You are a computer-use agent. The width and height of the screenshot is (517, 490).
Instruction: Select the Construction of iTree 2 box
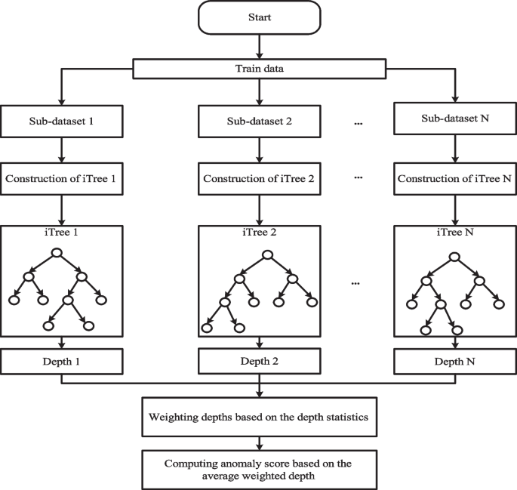(x=258, y=179)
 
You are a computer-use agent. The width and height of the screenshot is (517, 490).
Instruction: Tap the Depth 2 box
(x=258, y=362)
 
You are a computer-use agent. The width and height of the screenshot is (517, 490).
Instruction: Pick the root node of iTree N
(x=454, y=257)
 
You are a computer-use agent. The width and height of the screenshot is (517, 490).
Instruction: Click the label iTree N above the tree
(x=454, y=234)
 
